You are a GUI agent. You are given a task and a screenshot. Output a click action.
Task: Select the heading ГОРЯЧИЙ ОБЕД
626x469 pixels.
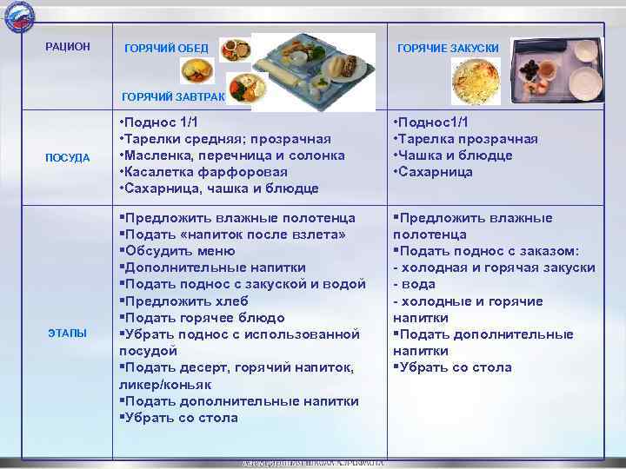[x=167, y=47]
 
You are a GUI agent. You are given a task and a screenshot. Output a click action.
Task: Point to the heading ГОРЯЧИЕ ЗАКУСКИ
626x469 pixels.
[x=448, y=48]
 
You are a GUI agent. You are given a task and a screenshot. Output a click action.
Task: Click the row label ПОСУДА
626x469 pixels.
[x=67, y=157]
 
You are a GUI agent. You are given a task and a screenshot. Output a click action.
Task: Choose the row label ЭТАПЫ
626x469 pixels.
[x=67, y=334]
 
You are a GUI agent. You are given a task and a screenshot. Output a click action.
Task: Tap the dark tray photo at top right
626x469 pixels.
[x=556, y=69]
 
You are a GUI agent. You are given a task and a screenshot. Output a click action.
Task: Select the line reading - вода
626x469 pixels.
[x=414, y=284]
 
